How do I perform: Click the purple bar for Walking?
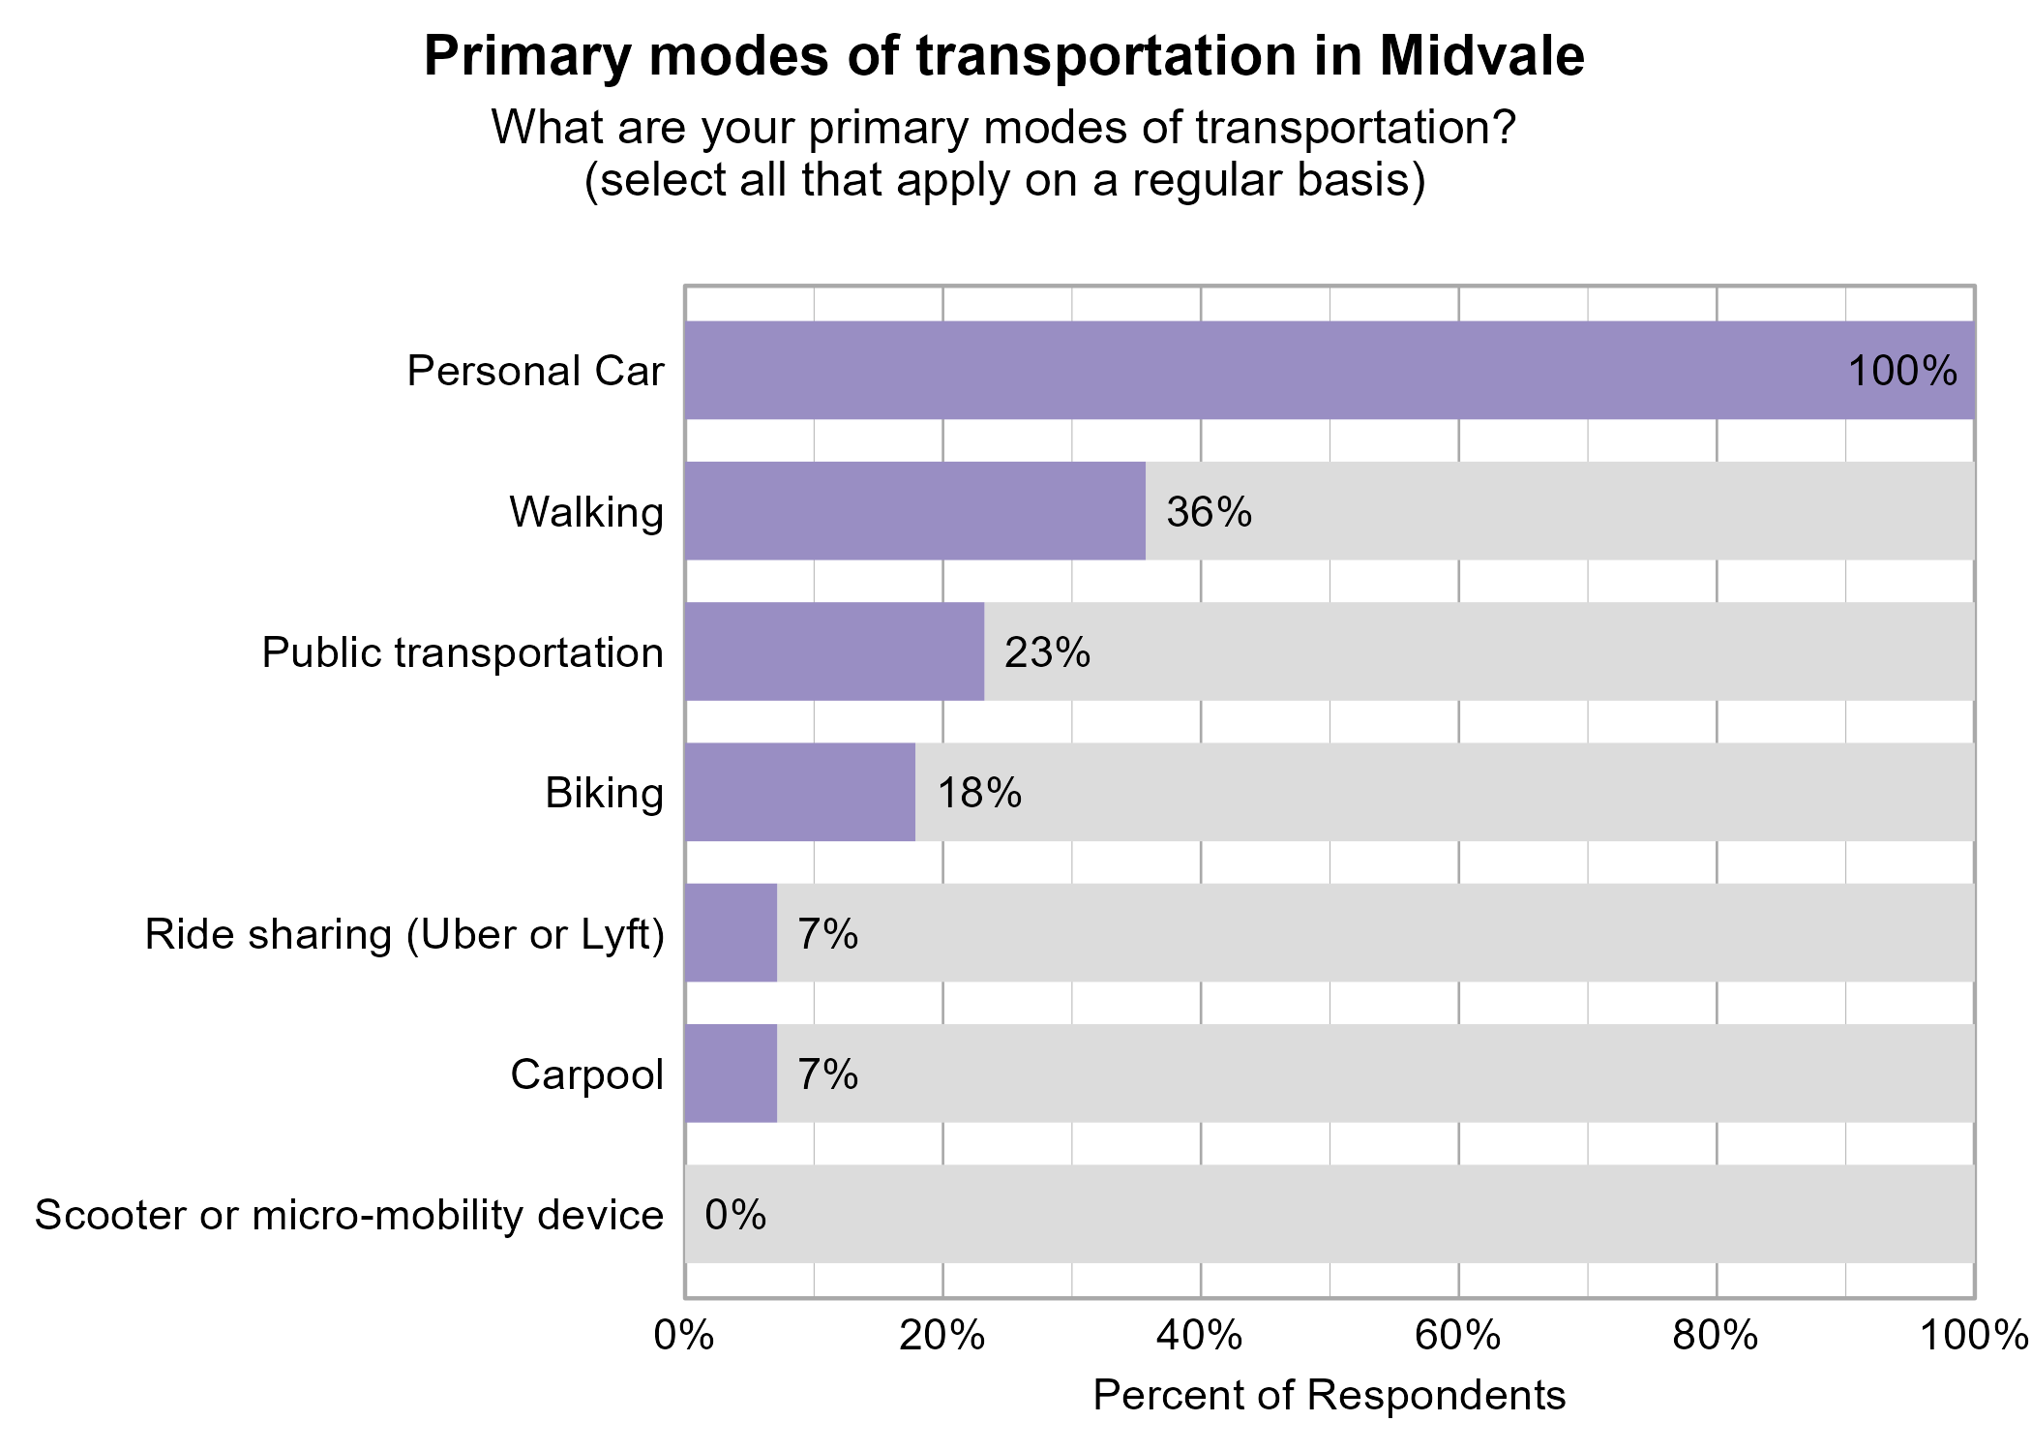914,511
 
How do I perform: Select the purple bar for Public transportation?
834,651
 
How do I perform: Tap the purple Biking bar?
799,792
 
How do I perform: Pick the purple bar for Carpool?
731,1074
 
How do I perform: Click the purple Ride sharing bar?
731,933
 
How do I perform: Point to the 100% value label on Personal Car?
1902,371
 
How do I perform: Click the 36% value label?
1209,512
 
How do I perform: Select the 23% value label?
1047,652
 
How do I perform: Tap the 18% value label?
979,793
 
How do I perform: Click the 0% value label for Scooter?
735,1215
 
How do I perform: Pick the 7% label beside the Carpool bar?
827,1074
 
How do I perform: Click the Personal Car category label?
535,371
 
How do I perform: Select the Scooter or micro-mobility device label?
349,1215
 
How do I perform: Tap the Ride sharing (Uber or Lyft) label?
404,934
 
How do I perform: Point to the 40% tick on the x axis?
1200,1336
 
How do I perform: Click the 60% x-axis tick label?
1458,1336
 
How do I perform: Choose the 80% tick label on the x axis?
1716,1336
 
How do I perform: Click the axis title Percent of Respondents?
1329,1396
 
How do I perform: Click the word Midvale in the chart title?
1481,56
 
